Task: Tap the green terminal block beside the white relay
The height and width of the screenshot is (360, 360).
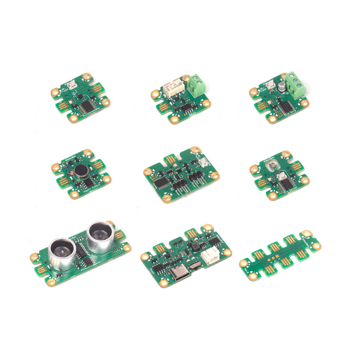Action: click(x=196, y=85)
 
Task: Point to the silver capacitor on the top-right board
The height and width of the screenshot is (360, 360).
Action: click(x=280, y=88)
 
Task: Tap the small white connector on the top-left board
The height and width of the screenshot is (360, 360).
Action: click(x=72, y=85)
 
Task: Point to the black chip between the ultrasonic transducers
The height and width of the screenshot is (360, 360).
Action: click(x=84, y=258)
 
